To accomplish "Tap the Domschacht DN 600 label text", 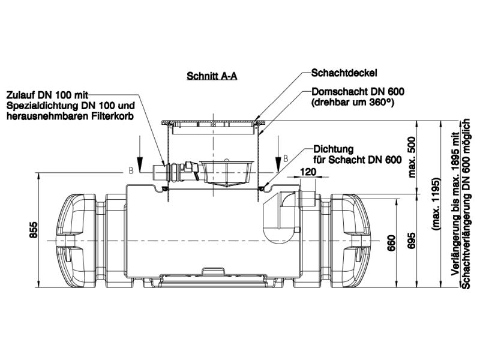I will [358, 92].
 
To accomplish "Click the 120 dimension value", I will [307, 171].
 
